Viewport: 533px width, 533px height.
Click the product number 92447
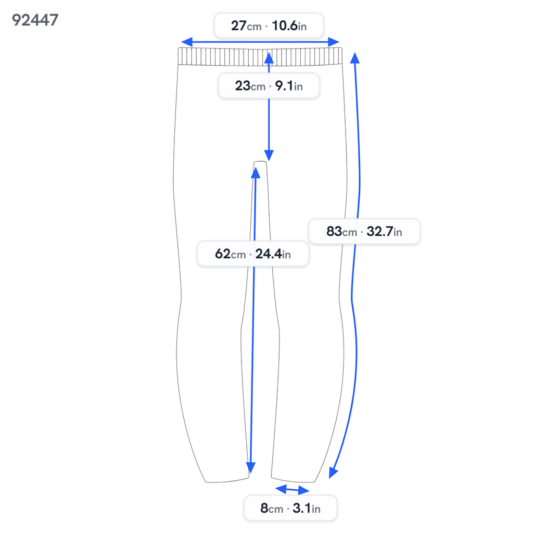35,20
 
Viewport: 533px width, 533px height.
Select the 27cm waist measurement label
269,26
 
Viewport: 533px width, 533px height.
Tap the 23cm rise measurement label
269,86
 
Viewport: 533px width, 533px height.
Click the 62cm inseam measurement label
253,253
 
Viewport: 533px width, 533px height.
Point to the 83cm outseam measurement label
364,232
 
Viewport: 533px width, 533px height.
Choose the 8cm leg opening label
290,508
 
